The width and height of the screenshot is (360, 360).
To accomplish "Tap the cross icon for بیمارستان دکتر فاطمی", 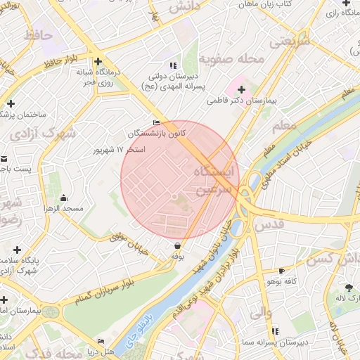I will [242, 89].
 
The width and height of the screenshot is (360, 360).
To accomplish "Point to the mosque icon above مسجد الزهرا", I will [65, 198].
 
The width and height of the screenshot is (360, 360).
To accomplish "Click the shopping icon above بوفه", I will [176, 245].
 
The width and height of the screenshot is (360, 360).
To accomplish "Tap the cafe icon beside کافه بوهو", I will [282, 271].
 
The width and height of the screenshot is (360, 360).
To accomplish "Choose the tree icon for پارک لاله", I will [349, 287].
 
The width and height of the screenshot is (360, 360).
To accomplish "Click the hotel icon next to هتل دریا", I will [101, 342].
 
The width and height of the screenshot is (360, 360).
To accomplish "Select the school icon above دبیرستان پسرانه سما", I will [275, 330].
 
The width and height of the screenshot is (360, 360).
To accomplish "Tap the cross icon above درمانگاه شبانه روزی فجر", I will [98, 61].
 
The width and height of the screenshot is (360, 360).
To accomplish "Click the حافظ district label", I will [38, 33].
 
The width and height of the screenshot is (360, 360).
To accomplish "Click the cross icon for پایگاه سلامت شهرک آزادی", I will [17, 250].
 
